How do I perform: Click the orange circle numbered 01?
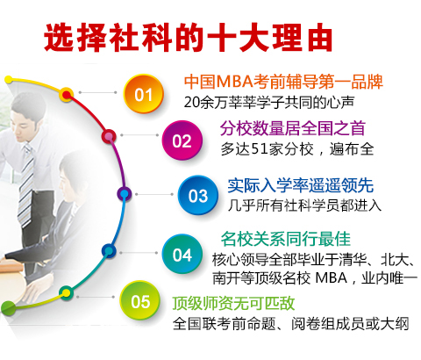tap(143, 94)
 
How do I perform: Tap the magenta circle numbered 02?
tap(182, 140)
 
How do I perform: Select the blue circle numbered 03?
tap(198, 195)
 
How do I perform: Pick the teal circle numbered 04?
tap(182, 254)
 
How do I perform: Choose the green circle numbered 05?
tap(140, 300)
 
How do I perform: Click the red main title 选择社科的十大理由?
tap(189, 38)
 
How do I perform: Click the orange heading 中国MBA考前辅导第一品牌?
tap(283, 82)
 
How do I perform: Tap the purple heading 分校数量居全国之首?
tap(293, 128)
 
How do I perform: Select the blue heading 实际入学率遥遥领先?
tap(301, 185)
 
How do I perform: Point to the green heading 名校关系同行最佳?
tap(286, 239)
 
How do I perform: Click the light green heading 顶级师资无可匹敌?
tap(233, 303)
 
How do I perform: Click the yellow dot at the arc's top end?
tap(9, 79)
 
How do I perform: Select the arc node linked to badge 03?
tap(125, 194)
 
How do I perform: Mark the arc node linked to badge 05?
tap(67, 292)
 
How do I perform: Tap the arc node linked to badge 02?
tap(109, 136)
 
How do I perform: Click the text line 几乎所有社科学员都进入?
tap(304, 205)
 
